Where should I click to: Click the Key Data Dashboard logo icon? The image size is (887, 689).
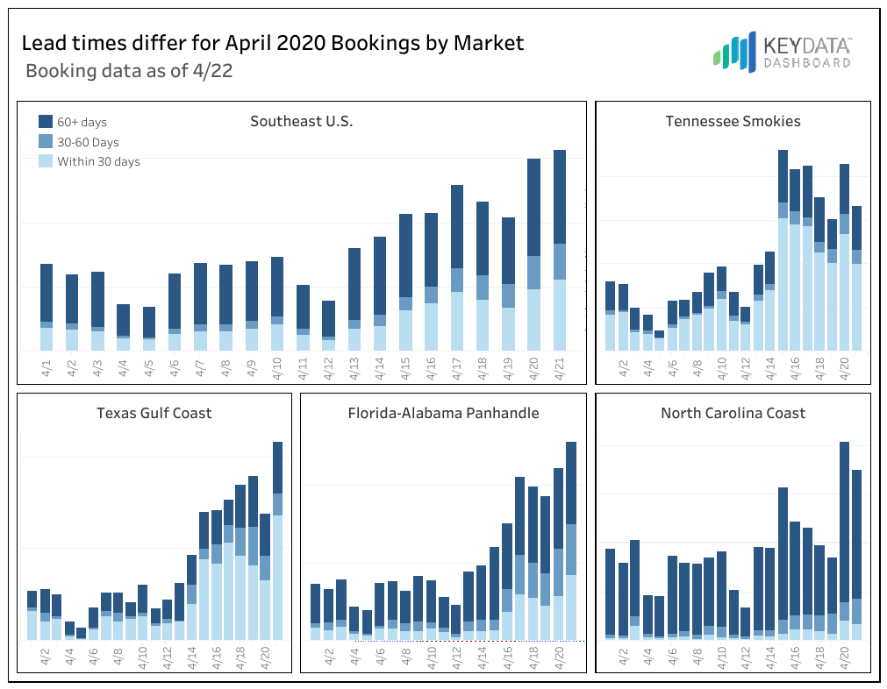pos(734,52)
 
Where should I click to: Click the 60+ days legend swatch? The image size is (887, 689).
pos(46,122)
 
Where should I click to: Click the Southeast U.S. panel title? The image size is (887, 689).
pos(301,121)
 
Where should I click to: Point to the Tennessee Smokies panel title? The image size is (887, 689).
pos(733,121)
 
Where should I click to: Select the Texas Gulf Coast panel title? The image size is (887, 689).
pos(154,413)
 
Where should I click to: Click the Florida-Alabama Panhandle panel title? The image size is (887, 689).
pos(443,413)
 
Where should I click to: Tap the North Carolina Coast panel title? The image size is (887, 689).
pos(733,413)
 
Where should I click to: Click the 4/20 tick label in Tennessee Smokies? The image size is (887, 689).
pos(844,366)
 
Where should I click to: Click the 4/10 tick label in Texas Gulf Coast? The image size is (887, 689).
pos(143,657)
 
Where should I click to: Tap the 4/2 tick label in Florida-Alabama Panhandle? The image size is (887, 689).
pos(329,657)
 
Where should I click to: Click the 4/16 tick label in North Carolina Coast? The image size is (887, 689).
pos(795,657)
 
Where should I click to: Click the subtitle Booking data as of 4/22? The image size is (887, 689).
pos(129,71)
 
